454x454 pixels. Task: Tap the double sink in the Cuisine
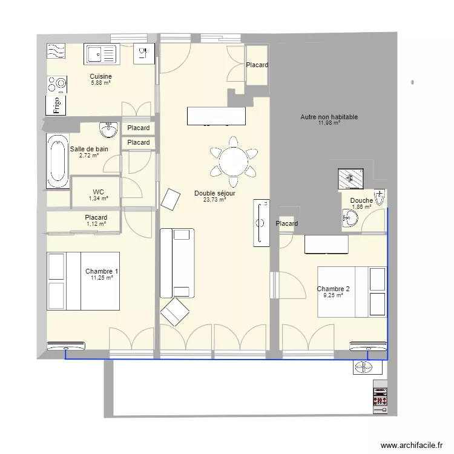pyautogui.click(x=100, y=54)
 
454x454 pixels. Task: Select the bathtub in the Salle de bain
pyautogui.click(x=59, y=162)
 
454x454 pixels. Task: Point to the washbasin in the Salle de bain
pyautogui.click(x=109, y=130)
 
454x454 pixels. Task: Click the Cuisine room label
pyautogui.click(x=100, y=77)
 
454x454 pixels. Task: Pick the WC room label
pyautogui.click(x=98, y=191)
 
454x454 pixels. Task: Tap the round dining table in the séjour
pyautogui.click(x=234, y=161)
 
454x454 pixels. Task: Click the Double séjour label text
pyautogui.click(x=214, y=194)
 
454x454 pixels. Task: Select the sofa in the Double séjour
pyautogui.click(x=177, y=263)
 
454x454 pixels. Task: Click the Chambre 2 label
pyautogui.click(x=333, y=289)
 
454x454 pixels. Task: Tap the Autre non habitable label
pyautogui.click(x=329, y=117)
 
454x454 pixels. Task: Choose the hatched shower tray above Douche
pyautogui.click(x=350, y=178)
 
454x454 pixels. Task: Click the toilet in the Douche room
pyautogui.click(x=380, y=198)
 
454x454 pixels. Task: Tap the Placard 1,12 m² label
pyautogui.click(x=96, y=217)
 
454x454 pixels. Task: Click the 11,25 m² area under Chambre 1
pyautogui.click(x=102, y=278)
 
